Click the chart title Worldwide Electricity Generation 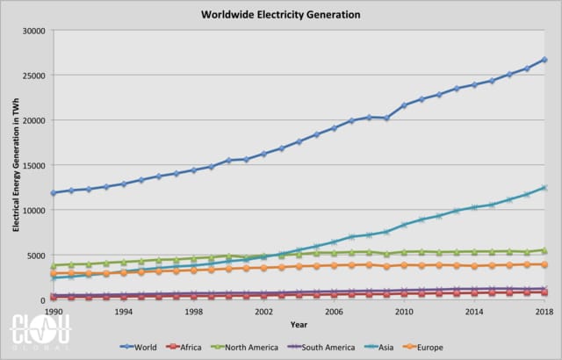[x=281, y=15]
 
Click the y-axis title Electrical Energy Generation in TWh [x=16, y=165]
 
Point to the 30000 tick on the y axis [x=32, y=31]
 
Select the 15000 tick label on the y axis [x=32, y=166]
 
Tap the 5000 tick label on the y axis [x=35, y=256]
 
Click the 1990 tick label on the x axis [x=54, y=312]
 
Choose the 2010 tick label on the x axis [x=404, y=312]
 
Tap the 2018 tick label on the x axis [x=544, y=312]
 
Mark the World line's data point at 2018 [x=544, y=60]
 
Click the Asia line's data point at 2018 [x=544, y=188]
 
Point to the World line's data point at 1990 [x=54, y=193]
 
